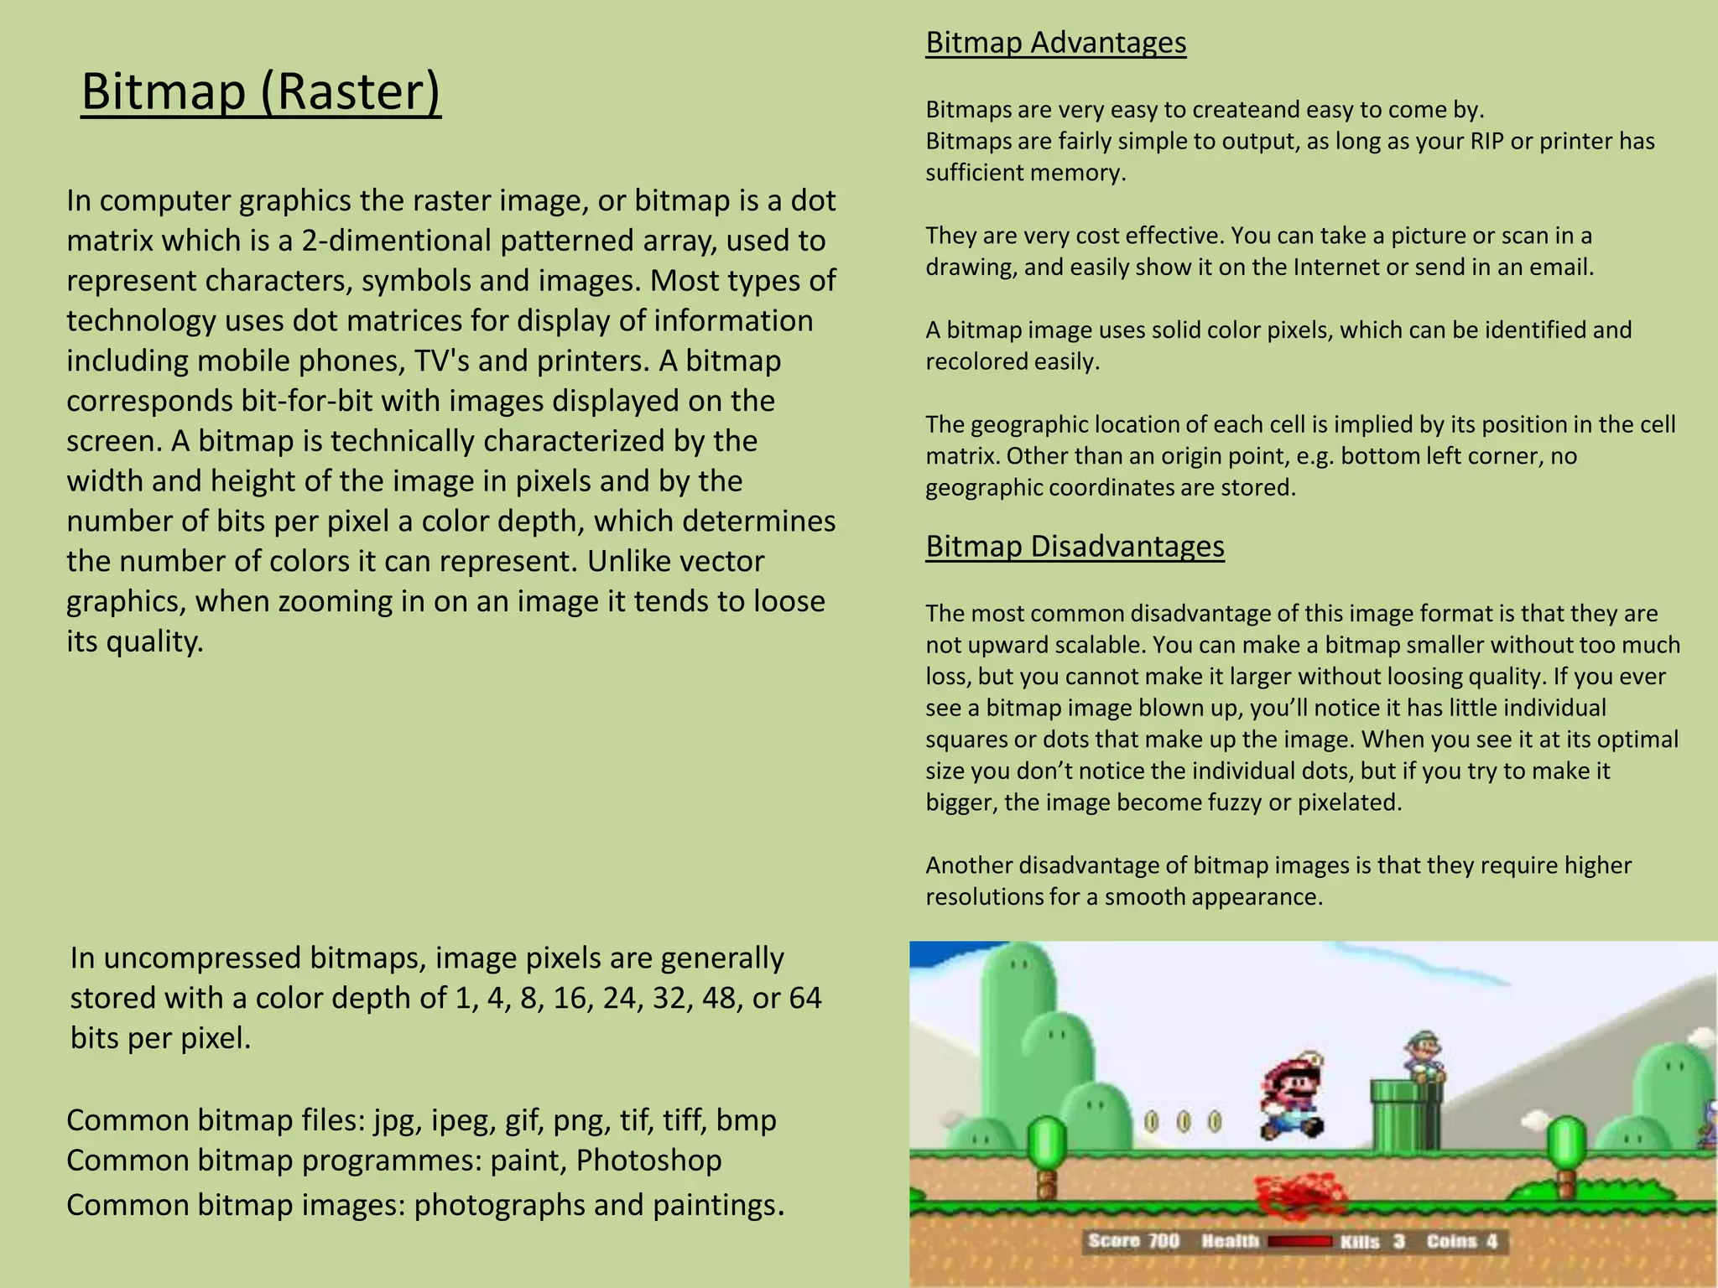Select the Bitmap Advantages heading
coord(1055,43)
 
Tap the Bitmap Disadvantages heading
coord(1075,547)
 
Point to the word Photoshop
coord(648,1161)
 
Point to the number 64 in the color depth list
coord(804,999)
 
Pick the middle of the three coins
coord(1183,1121)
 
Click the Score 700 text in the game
coord(1133,1241)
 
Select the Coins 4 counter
coord(1462,1241)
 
